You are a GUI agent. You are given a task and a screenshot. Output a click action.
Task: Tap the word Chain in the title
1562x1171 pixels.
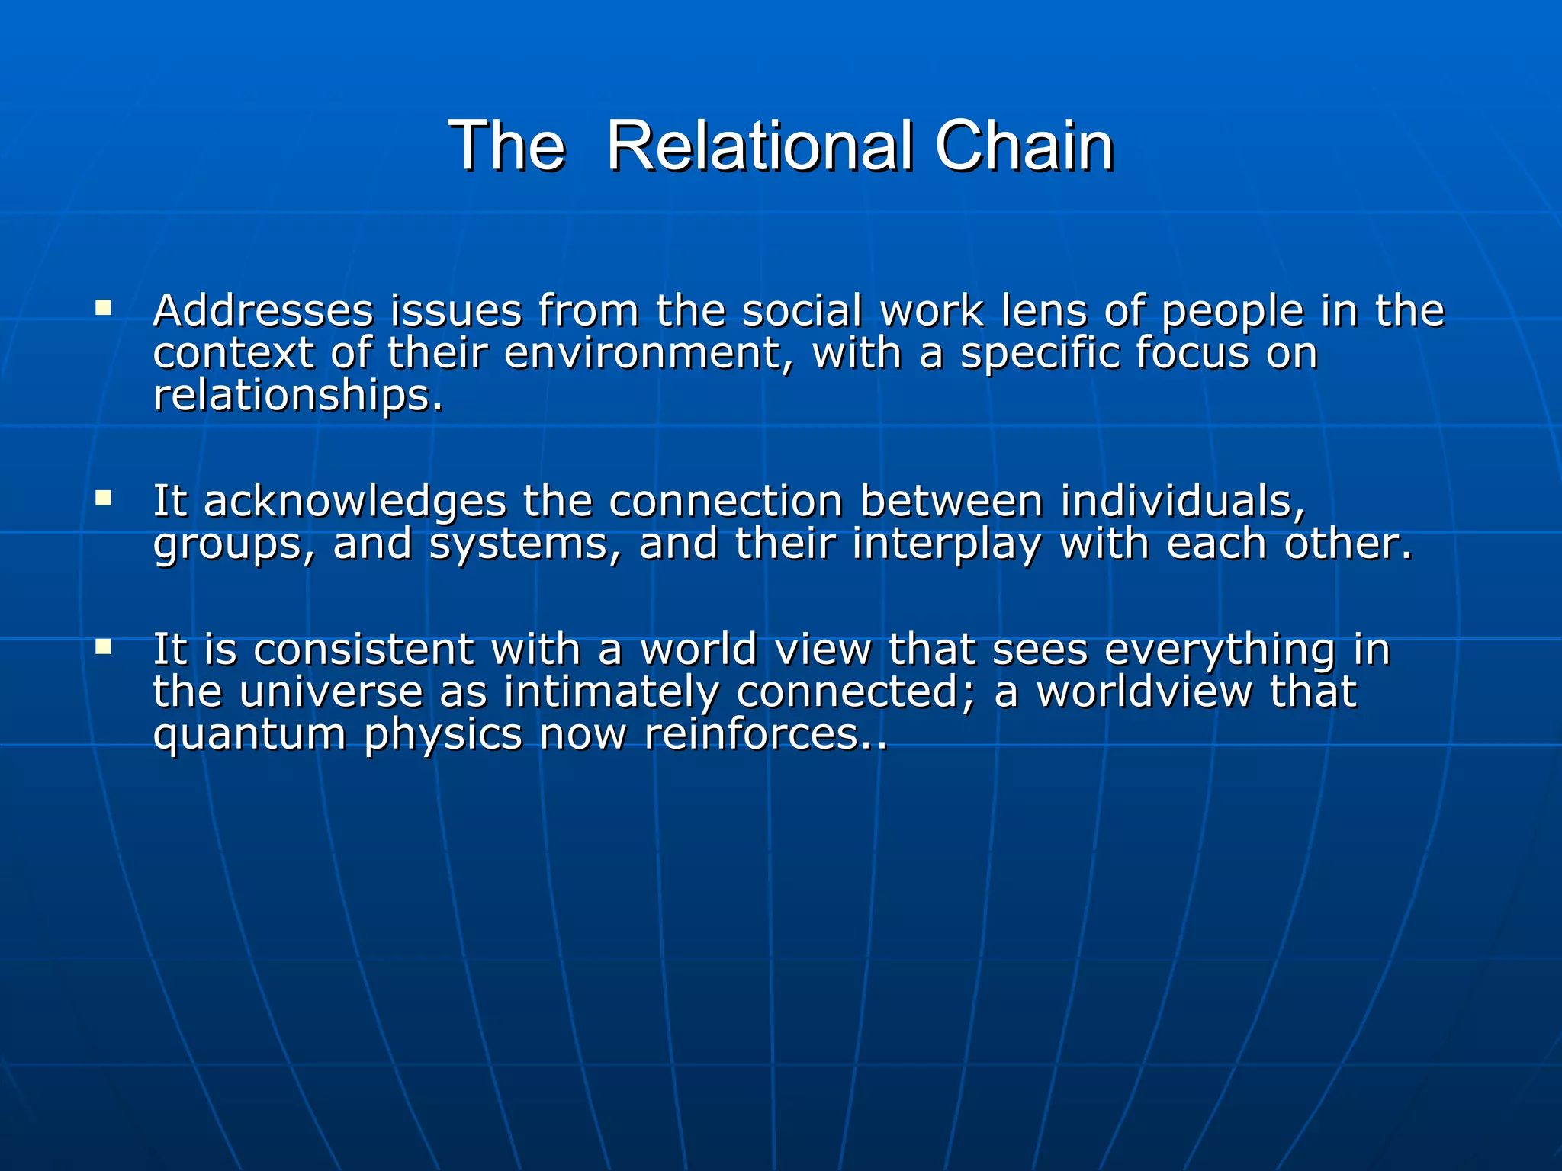coord(1024,146)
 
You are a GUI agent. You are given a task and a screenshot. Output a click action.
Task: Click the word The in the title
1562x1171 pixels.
coord(506,146)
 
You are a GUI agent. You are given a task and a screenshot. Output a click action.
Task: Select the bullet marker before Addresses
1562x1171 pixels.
coord(103,309)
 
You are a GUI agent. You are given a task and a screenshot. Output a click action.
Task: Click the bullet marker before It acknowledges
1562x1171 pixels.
coord(103,499)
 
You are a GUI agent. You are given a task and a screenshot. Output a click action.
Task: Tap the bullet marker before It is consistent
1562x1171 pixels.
coord(103,648)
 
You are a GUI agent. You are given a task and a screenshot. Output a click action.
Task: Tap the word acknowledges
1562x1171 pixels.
coord(355,502)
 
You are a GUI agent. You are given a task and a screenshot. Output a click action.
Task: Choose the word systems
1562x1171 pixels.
coord(525,544)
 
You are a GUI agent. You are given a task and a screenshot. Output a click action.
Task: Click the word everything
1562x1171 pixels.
coord(1220,650)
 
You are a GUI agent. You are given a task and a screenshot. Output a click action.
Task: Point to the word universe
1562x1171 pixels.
coord(330,692)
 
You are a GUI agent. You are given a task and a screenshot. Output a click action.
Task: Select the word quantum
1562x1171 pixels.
coord(249,735)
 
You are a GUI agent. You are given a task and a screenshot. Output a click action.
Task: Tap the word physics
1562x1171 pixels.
coord(442,735)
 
